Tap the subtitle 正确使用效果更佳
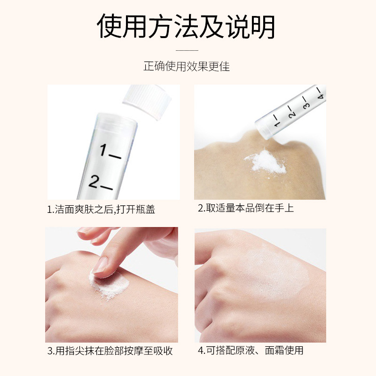187,66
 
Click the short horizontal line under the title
187,49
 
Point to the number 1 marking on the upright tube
109,151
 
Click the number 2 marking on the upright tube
100,182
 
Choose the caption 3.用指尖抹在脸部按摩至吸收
110,351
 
